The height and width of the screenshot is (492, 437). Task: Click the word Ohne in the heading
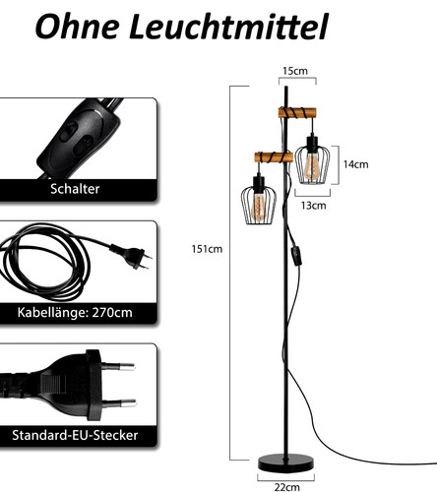[77, 27]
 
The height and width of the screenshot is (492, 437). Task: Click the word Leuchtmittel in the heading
[228, 27]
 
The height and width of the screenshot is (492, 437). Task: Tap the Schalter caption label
[75, 189]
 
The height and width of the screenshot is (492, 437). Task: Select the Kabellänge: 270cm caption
[75, 313]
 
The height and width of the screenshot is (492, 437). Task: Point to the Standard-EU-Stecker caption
[75, 435]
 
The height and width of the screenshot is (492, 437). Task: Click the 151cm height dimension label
[207, 249]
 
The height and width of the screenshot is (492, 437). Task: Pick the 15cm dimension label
[295, 71]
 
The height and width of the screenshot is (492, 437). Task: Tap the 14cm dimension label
[355, 164]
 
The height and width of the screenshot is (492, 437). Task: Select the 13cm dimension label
[314, 206]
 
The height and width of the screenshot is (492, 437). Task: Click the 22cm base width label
[287, 487]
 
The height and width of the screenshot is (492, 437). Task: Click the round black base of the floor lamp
[285, 463]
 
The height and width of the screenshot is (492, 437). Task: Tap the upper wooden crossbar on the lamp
[297, 113]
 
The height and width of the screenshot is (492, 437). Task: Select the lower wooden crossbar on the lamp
[274, 157]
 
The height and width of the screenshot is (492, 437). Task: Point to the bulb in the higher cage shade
[312, 166]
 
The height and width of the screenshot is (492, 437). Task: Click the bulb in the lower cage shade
[259, 208]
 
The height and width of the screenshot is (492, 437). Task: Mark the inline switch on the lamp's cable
[296, 256]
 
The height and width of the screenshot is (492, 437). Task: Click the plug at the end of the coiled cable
[131, 256]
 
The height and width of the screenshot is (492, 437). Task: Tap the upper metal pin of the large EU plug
[119, 367]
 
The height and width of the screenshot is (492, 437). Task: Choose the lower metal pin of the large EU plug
[119, 403]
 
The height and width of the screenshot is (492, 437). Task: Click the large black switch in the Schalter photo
[79, 138]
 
